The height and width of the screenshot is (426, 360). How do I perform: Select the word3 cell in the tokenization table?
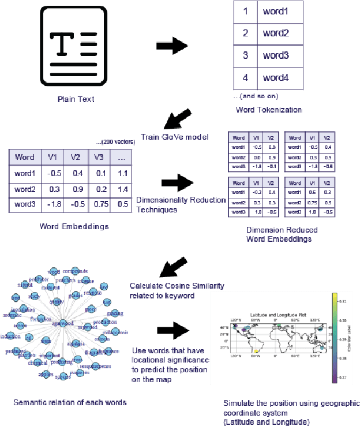(275, 56)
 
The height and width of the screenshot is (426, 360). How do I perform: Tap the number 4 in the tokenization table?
(245, 77)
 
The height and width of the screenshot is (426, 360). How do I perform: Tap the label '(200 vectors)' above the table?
(115, 142)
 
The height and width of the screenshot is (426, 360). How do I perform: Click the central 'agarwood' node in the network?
(64, 323)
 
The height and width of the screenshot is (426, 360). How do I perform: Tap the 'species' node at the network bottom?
(62, 376)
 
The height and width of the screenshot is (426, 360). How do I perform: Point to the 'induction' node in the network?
(10, 336)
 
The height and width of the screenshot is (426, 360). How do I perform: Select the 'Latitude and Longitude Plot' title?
(273, 315)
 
